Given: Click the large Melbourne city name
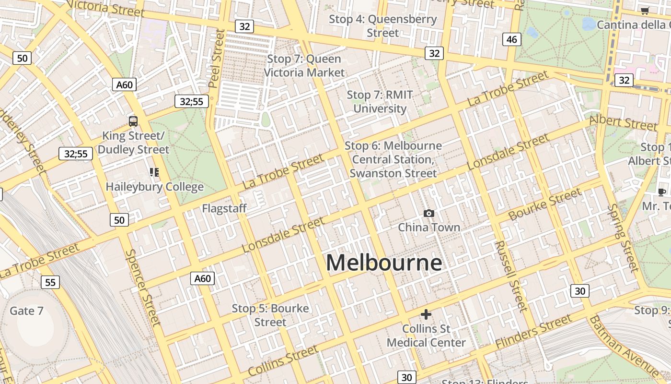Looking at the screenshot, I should point(384,263).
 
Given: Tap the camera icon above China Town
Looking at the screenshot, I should point(428,213).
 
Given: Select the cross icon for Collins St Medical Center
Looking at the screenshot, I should point(426,314).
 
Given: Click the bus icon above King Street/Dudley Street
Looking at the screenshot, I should point(133,121).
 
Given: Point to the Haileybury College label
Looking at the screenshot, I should point(154,187).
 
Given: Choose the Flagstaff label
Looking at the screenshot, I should point(224,208).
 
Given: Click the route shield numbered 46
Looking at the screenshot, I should point(511,39).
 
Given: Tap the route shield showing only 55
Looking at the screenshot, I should point(50,282).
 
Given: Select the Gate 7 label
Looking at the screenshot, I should point(26,311).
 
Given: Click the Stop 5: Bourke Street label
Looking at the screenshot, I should point(270,315).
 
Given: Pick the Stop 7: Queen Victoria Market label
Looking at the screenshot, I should point(304,66).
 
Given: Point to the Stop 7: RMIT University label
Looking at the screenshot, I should point(380,102).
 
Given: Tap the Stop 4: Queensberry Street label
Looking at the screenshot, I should point(382,26).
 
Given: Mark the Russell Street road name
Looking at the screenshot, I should point(511,276).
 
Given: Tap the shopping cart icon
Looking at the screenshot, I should point(645,11).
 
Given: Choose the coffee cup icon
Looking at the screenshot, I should point(661,192).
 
